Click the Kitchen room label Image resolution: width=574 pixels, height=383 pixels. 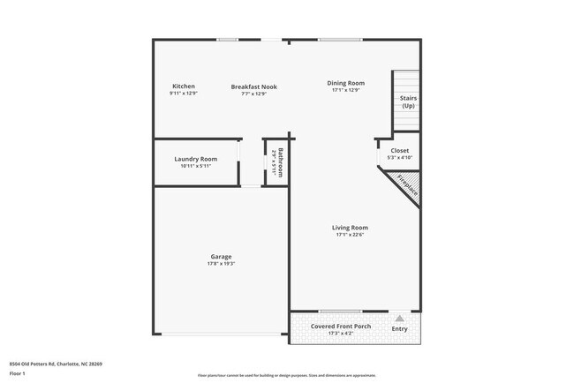coord(184,86)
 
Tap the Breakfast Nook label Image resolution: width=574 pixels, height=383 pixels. coord(253,86)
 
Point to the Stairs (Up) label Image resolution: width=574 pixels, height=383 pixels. coord(408,101)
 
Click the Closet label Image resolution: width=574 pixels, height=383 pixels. coord(399,151)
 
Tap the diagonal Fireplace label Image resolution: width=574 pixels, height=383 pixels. coord(406,183)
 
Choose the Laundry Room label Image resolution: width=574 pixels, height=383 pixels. coord(196,159)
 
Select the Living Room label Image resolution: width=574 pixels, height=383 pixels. coord(350,228)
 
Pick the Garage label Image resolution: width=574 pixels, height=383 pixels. coord(221,257)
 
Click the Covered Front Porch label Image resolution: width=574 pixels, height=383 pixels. coord(340,327)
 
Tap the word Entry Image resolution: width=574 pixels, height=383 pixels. coord(399,329)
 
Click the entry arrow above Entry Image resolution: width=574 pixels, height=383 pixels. coord(399,319)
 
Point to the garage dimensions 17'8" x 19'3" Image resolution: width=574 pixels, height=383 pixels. coord(221,264)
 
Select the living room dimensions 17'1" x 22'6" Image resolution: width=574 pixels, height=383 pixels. coord(350,235)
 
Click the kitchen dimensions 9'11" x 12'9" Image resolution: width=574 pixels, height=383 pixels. coord(184,94)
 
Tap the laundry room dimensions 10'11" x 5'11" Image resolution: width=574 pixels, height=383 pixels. coord(196,166)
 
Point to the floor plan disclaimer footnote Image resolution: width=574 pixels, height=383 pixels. coord(287,375)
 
